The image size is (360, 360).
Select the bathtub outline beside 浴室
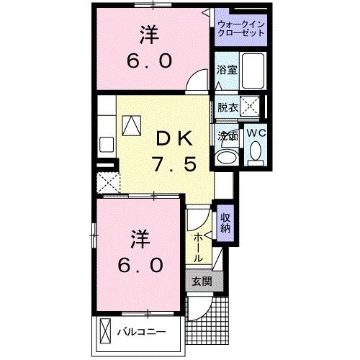(x=251, y=73)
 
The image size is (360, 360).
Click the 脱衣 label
(x=228, y=107)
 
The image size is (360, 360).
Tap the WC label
(x=256, y=132)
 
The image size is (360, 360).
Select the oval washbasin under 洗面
(x=228, y=156)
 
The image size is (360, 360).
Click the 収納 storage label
(x=225, y=224)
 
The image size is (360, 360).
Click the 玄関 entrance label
(x=202, y=281)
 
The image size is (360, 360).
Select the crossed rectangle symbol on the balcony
(x=106, y=333)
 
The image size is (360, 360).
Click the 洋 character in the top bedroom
(x=147, y=34)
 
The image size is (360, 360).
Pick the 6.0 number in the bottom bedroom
(x=141, y=264)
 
